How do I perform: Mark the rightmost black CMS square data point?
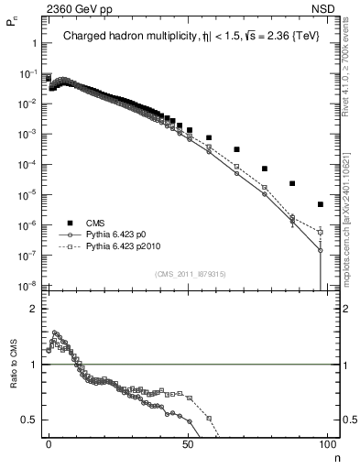[x=320, y=204]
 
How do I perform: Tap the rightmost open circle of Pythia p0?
[x=320, y=249]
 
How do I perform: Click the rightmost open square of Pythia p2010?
[x=320, y=232]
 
